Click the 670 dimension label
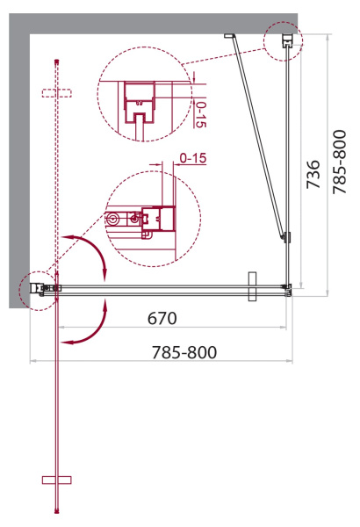(x=162, y=318)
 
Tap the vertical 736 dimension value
(x=313, y=174)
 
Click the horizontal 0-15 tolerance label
(x=193, y=158)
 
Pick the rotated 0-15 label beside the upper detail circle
(x=201, y=114)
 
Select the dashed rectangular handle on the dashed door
(x=57, y=93)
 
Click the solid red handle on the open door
(x=57, y=480)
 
